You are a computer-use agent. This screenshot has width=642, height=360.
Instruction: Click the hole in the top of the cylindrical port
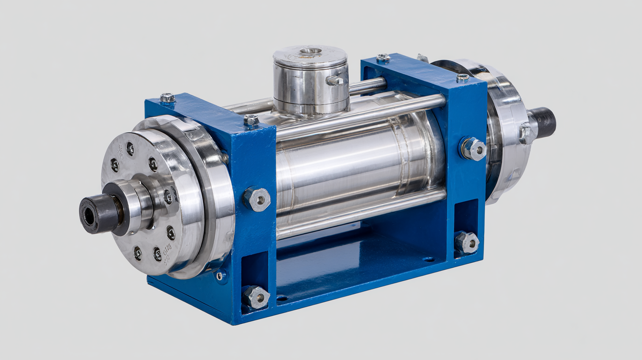pyautogui.click(x=310, y=51)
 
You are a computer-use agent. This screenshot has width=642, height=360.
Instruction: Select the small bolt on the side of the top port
pyautogui.click(x=334, y=80)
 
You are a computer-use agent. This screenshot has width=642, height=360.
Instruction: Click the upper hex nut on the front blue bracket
pyautogui.click(x=257, y=199)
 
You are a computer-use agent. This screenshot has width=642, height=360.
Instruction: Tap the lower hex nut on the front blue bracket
pyautogui.click(x=256, y=297)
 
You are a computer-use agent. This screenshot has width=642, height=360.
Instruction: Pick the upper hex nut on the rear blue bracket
pyautogui.click(x=473, y=149)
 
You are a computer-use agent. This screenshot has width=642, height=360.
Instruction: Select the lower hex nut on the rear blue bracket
pyautogui.click(x=467, y=243)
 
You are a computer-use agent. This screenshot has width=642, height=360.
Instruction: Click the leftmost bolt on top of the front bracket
pyautogui.click(x=168, y=97)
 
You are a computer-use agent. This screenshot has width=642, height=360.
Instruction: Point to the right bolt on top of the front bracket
pyautogui.click(x=251, y=120)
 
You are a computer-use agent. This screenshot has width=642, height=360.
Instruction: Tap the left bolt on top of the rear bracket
pyautogui.click(x=383, y=58)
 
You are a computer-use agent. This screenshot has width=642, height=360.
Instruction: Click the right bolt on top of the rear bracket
pyautogui.click(x=462, y=78)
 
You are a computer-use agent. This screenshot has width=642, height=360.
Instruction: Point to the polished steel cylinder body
pyautogui.click(x=353, y=168)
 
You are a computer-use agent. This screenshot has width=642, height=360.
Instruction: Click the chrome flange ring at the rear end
pyautogui.click(x=507, y=132)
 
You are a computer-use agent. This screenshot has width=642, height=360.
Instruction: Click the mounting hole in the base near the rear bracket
pyautogui.click(x=428, y=259)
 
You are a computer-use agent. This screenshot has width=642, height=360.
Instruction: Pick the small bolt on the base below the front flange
pyautogui.click(x=219, y=276)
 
